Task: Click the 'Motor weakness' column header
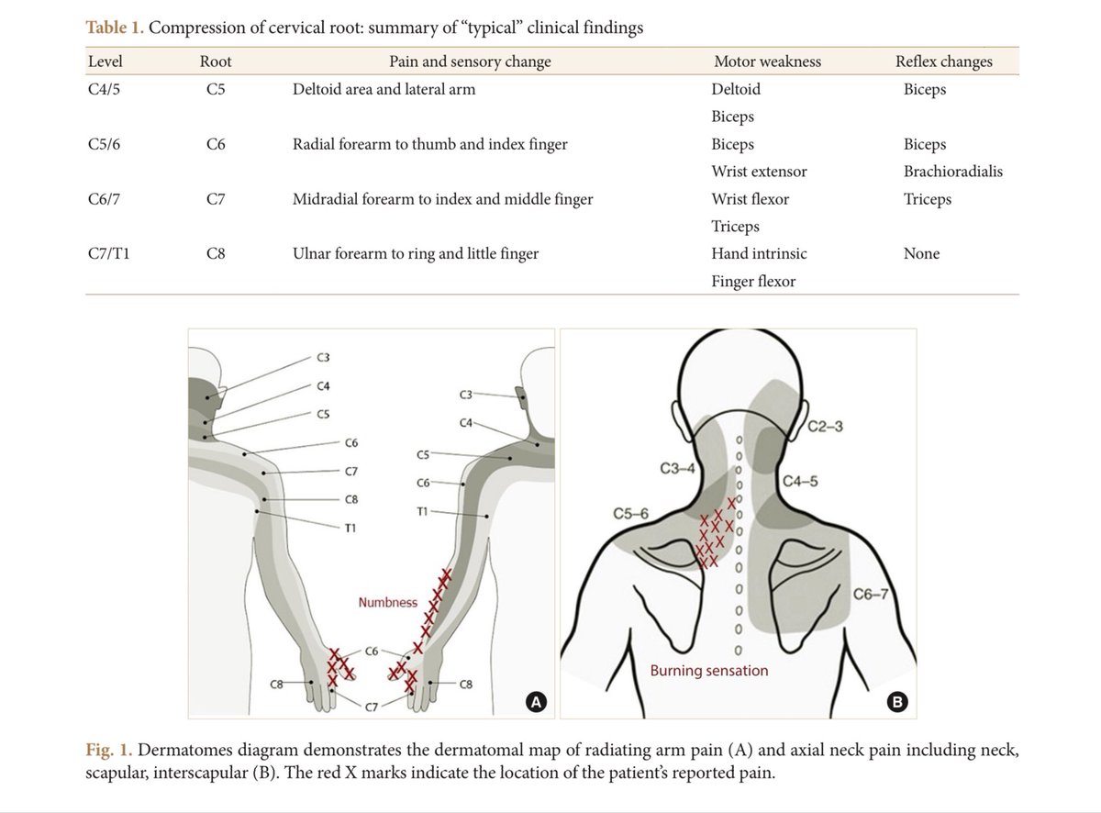coord(767,61)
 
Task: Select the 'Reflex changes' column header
coord(943,61)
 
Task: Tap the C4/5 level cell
coord(106,89)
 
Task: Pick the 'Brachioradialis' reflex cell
coord(952,172)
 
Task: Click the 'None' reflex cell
coord(921,253)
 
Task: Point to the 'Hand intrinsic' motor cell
coord(759,253)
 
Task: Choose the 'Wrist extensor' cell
coord(759,172)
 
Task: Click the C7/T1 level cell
coord(108,253)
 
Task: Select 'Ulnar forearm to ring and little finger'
coord(415,253)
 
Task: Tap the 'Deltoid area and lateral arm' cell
coord(384,89)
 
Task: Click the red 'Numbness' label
coord(387,603)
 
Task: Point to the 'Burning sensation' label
coord(709,671)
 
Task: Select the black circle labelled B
coord(897,703)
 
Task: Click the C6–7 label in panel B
coord(871,595)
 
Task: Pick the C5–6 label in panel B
coord(631,513)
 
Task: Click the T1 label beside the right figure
coord(423,511)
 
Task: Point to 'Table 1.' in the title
coord(115,28)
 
